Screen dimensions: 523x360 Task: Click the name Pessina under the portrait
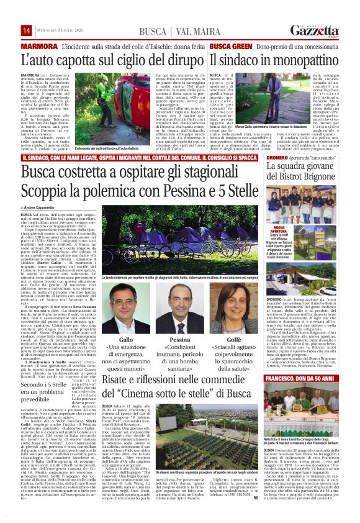point(179,341)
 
